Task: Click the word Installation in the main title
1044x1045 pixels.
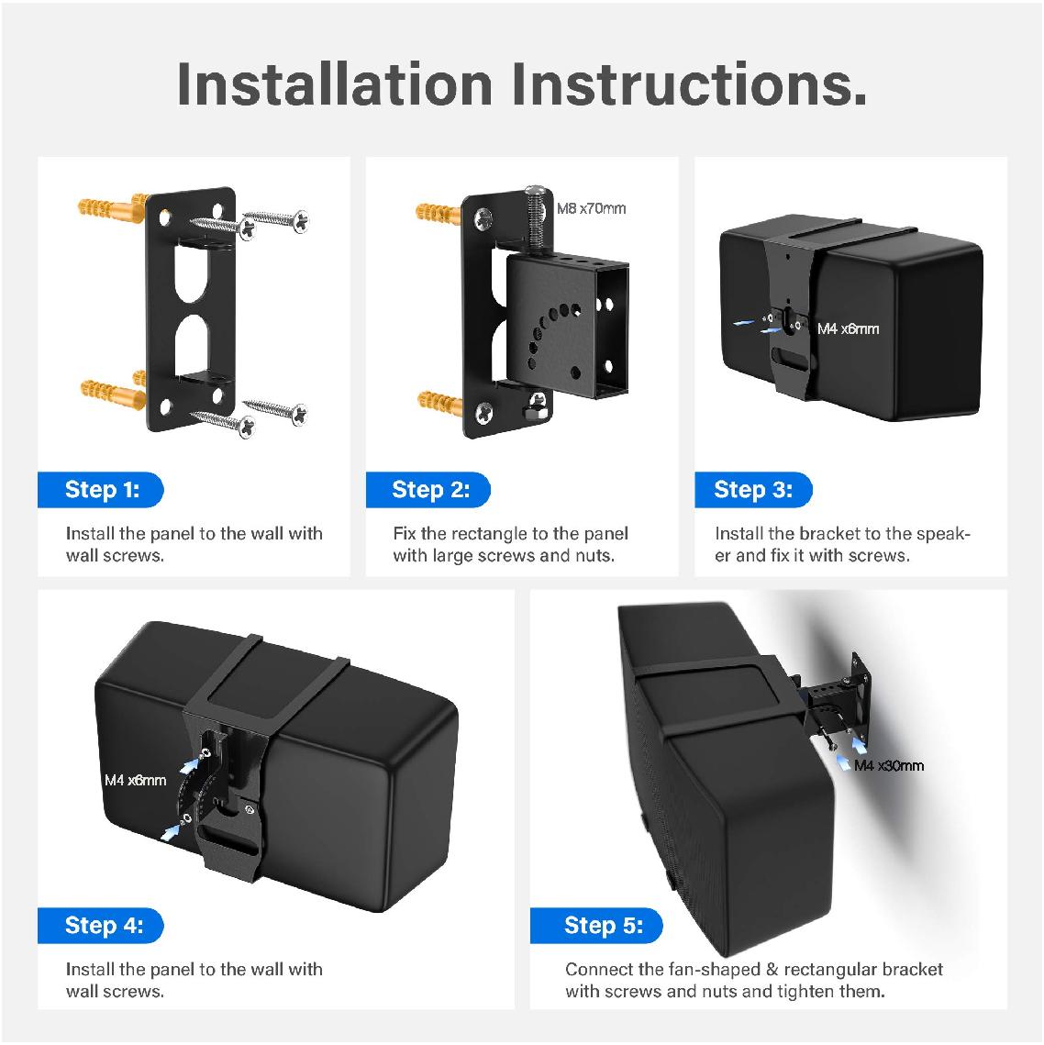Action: (x=335, y=83)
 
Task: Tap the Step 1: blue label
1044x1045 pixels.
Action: (x=101, y=490)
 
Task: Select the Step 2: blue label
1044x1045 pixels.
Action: (x=429, y=490)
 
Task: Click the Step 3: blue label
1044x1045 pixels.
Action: (x=752, y=490)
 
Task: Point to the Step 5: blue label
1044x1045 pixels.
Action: (x=603, y=926)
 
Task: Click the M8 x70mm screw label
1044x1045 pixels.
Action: (x=592, y=209)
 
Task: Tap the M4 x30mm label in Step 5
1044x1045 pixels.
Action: (x=888, y=765)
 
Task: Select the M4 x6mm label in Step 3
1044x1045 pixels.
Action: (x=848, y=328)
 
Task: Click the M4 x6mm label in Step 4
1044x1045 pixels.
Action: (x=135, y=780)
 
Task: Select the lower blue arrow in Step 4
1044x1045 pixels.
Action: (x=170, y=830)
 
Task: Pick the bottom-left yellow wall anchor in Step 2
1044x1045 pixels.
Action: (x=442, y=401)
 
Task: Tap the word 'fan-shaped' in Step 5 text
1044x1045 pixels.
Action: (x=704, y=970)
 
